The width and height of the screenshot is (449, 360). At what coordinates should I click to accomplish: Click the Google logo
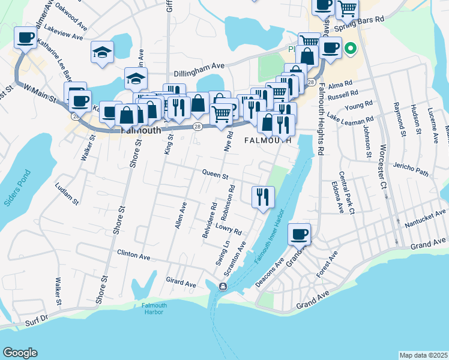[20, 353]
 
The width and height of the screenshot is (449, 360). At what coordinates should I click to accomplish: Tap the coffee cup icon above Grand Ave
[299, 234]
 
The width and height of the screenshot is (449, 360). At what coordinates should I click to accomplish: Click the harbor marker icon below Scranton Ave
[223, 287]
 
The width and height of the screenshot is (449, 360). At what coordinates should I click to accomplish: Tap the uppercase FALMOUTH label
[268, 140]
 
